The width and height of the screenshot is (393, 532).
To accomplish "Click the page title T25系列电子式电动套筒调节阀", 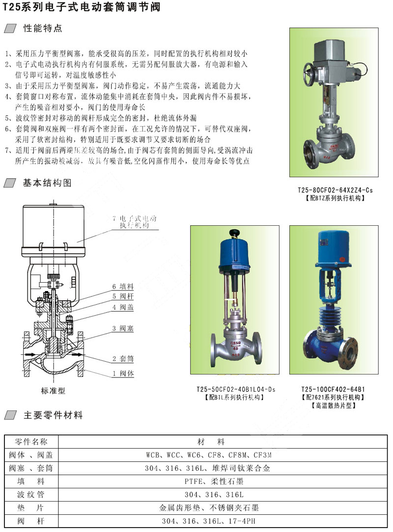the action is [82, 6].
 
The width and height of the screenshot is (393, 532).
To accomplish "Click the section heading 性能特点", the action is [43, 28].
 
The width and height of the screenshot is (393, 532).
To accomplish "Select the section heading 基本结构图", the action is [47, 183].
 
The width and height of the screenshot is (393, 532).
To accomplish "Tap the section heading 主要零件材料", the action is [53, 415].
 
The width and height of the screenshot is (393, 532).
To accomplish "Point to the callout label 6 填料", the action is [123, 287].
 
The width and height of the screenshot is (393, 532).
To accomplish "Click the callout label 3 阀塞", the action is [123, 328].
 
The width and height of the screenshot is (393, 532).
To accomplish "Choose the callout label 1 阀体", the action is [123, 373].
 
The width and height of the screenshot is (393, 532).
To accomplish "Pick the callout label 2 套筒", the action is [123, 359].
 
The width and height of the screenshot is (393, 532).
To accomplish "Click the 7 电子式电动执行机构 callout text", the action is [135, 221].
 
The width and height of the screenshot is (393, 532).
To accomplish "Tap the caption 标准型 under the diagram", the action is [53, 391].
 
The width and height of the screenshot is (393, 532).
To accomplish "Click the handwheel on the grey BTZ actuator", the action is [310, 74].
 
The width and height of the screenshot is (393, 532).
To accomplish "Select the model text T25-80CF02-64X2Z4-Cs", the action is [335, 190].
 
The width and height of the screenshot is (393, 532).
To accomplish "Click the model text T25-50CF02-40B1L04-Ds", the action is [236, 389].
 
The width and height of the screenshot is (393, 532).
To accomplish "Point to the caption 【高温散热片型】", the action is [333, 405].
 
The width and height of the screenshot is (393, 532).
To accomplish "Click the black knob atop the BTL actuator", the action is [234, 233].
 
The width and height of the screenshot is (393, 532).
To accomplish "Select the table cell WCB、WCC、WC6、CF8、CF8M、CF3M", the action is [209, 455].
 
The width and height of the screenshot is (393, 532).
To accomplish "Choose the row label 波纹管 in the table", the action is [31, 495].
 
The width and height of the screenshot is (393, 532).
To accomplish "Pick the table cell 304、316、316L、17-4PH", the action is [209, 521].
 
